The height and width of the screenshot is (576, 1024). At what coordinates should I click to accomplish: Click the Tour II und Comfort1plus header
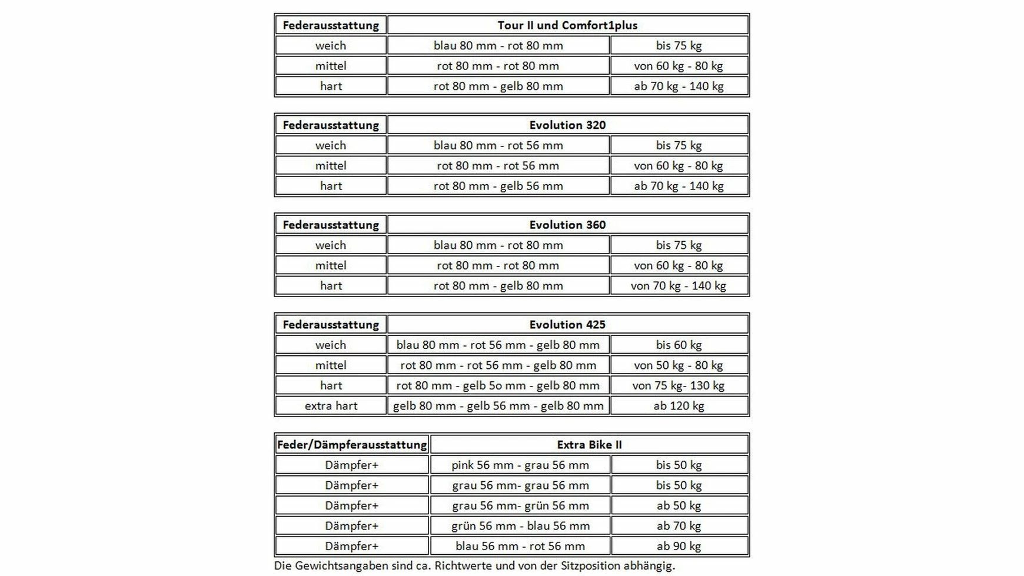pyautogui.click(x=567, y=25)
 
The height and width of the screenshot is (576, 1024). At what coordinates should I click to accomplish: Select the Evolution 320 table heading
pyautogui.click(x=567, y=125)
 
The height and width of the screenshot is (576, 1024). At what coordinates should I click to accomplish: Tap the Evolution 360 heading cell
pyautogui.click(x=567, y=225)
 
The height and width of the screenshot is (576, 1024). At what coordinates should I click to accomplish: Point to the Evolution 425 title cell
pyautogui.click(x=567, y=325)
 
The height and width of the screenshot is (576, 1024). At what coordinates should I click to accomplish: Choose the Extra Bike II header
pyautogui.click(x=589, y=445)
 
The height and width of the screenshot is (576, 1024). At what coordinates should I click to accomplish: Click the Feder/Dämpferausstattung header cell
pyautogui.click(x=352, y=445)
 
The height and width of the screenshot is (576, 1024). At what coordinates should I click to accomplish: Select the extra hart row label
pyautogui.click(x=331, y=406)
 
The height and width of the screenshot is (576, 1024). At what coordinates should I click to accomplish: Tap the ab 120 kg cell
pyautogui.click(x=679, y=406)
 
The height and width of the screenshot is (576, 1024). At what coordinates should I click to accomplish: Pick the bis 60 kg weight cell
pyautogui.click(x=679, y=345)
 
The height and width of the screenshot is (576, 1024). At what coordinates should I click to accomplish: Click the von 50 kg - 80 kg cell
pyautogui.click(x=679, y=365)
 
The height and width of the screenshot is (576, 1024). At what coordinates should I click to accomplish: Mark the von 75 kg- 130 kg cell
pyautogui.click(x=679, y=386)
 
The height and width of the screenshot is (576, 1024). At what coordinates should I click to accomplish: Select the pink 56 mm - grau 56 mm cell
pyautogui.click(x=520, y=465)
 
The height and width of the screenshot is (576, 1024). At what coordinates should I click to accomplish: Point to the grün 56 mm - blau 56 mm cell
pyautogui.click(x=520, y=526)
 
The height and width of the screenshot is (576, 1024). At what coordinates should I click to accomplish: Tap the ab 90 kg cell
pyautogui.click(x=679, y=546)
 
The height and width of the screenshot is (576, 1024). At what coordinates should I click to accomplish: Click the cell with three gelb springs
pyautogui.click(x=498, y=406)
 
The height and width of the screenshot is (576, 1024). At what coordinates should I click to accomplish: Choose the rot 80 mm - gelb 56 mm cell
pyautogui.click(x=498, y=186)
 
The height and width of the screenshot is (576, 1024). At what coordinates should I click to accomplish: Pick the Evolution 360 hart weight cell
pyautogui.click(x=679, y=286)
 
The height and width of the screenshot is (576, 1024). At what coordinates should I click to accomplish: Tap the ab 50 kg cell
pyautogui.click(x=679, y=506)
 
